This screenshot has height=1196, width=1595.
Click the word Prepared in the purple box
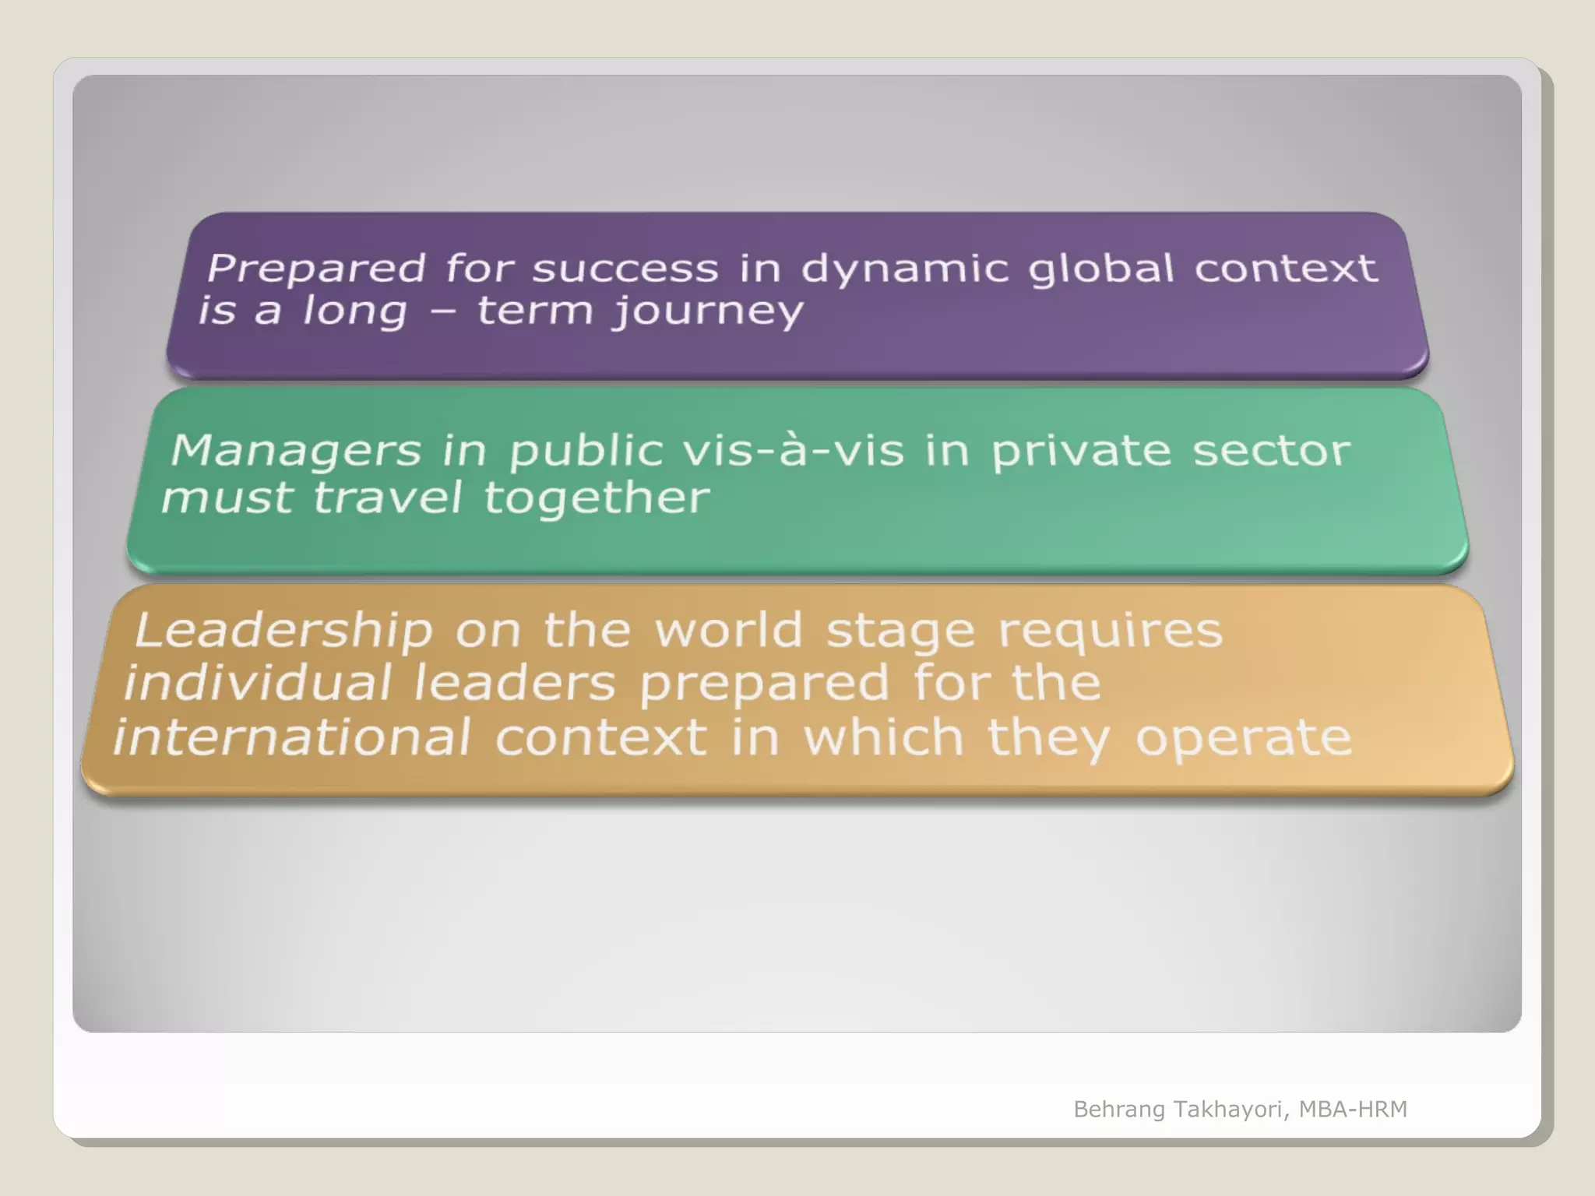(x=316, y=269)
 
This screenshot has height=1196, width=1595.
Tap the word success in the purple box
(x=625, y=269)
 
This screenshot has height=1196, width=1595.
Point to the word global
(x=1100, y=269)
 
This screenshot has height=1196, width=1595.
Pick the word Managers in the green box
(x=295, y=452)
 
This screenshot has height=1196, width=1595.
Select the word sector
(x=1271, y=451)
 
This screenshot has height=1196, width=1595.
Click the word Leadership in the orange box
(x=283, y=631)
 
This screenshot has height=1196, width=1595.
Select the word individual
(x=257, y=683)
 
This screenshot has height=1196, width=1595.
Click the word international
(x=292, y=737)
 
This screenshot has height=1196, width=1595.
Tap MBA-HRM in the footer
(x=1353, y=1109)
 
